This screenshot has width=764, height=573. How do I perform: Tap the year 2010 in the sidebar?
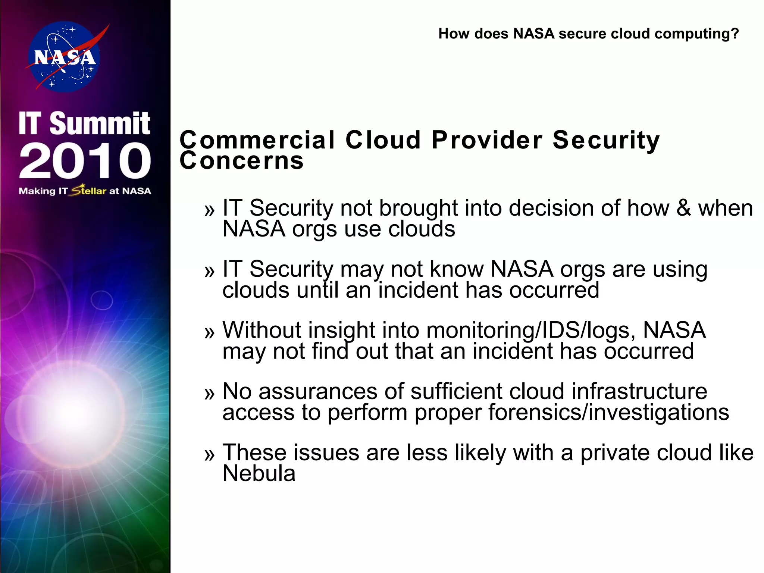[85, 160]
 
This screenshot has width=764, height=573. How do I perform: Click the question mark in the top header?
[735, 34]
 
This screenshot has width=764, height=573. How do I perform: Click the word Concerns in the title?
[242, 161]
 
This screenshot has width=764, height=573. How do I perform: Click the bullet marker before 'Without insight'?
[210, 332]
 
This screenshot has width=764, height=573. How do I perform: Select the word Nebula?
[259, 473]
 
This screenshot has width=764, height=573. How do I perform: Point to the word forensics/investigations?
[608, 412]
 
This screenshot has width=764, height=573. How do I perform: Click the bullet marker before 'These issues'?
[210, 454]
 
